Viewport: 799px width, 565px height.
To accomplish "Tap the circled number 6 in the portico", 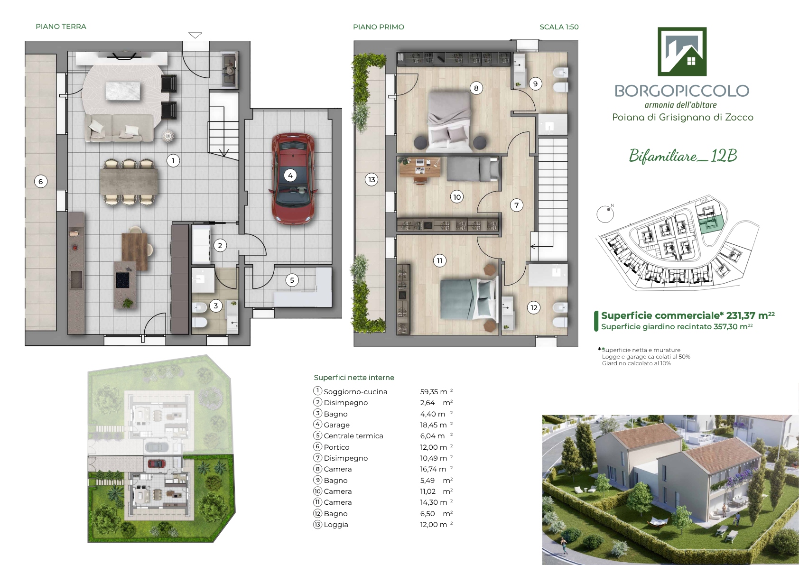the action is tap(41, 182).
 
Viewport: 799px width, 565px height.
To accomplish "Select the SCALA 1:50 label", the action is tap(559, 27).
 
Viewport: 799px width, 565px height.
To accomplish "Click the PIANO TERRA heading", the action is tap(61, 27).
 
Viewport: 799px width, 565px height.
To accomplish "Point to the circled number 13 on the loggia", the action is tap(372, 179).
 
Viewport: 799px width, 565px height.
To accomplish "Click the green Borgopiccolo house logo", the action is tap(682, 51).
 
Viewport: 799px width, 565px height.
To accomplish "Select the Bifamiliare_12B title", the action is tap(683, 156).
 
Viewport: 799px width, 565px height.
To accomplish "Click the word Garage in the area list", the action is tap(337, 425).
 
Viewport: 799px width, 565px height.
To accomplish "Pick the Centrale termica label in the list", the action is tap(353, 436).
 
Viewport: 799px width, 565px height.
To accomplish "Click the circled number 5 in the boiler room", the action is tap(292, 280).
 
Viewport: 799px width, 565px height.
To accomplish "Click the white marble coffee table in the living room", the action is tap(123, 91).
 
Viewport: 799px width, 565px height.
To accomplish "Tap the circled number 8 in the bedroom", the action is tap(476, 88).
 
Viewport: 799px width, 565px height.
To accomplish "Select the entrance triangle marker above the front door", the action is tap(195, 35).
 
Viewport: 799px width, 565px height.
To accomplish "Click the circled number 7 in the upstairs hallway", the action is tap(517, 205).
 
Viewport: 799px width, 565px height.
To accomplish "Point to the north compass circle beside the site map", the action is tap(605, 214).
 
